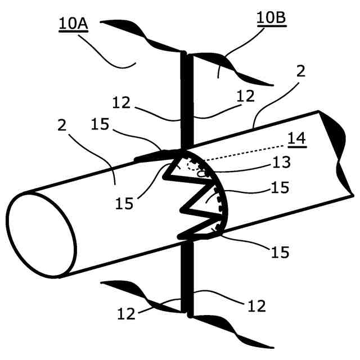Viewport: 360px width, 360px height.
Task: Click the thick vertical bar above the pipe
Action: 184,101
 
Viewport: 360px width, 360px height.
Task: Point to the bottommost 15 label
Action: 278,253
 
